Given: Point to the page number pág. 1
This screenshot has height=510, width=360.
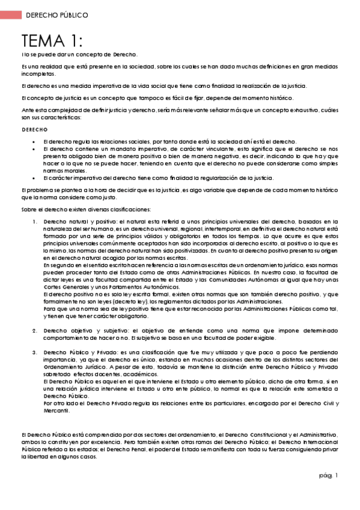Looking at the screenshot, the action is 329,475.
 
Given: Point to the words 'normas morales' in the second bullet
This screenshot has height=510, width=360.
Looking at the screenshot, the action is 61,170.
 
